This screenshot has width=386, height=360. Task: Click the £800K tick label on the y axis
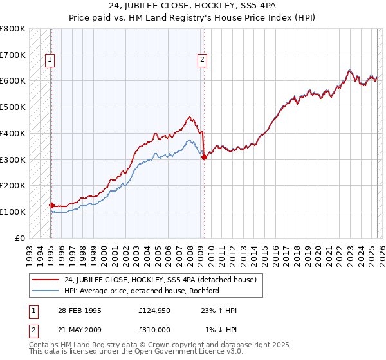(x=12, y=29)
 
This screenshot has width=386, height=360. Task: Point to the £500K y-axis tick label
(x=12, y=107)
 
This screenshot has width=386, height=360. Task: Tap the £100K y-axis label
(x=12, y=212)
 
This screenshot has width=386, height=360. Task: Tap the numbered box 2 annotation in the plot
(x=202, y=60)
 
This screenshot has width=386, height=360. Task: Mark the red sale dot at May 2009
(x=204, y=156)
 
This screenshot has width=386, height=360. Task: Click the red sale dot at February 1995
(x=51, y=205)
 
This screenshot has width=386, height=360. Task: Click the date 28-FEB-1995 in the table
(x=74, y=310)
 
